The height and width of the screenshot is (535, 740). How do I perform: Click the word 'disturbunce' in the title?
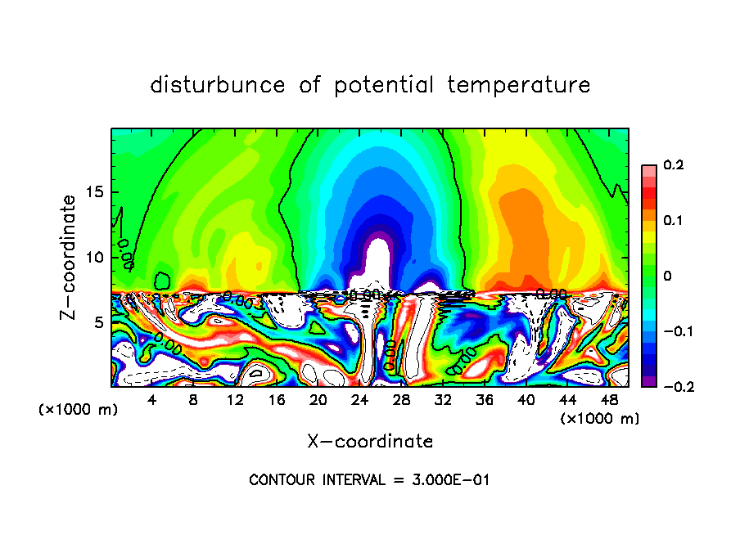[x=218, y=84]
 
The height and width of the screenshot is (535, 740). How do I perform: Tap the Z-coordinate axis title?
[x=70, y=257]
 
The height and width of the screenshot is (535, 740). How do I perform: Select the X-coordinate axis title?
[x=370, y=442]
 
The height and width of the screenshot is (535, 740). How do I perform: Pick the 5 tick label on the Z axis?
[x=98, y=322]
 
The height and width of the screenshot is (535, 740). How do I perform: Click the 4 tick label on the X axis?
[x=152, y=400]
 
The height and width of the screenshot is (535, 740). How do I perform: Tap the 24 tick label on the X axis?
[x=359, y=400]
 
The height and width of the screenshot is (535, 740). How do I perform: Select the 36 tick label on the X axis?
[x=484, y=400]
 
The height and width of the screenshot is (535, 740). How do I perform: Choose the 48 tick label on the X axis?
[x=608, y=400]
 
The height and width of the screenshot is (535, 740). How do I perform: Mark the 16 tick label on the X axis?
[x=277, y=400]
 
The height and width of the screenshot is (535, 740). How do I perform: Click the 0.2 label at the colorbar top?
[x=673, y=165]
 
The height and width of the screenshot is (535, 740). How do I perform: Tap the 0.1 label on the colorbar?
[x=673, y=220]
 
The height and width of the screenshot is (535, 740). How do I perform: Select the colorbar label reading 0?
[x=667, y=276]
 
